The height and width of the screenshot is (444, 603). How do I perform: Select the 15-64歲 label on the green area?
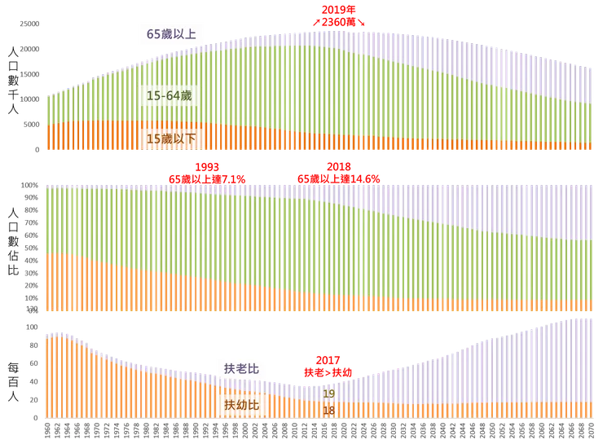coord(168,96)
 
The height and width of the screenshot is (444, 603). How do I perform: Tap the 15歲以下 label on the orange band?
coord(171,138)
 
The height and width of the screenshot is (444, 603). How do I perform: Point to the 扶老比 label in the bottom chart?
coord(241,369)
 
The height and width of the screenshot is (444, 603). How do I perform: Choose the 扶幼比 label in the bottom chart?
coord(241,405)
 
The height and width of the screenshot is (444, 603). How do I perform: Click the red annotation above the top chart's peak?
coord(337,15)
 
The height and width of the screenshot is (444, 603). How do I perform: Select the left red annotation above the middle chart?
coord(207,171)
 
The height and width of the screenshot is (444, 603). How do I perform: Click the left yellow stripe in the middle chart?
coord(117,248)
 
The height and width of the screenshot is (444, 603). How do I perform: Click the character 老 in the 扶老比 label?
coord(241,369)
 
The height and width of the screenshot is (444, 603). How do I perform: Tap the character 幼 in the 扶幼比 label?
coord(241,405)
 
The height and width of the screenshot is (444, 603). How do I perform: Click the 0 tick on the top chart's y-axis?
coord(37,150)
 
